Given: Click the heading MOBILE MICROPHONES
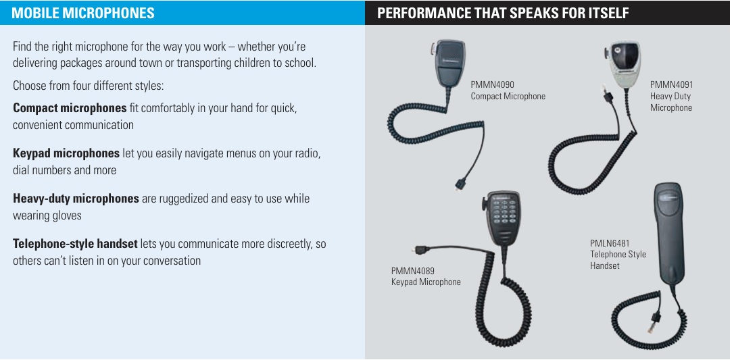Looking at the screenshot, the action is coord(83,13).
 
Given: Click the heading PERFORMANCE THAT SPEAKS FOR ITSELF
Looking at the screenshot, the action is coord(503,13).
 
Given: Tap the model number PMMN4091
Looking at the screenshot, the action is coord(671,84).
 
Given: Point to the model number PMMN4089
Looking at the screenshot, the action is coord(413,271).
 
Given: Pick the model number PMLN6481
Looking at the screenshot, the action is coord(610,243).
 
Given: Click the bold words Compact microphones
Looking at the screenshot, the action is coord(70,108).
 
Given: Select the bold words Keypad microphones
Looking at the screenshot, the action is coord(66,153).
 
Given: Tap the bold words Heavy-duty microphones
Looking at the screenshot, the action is coord(76,199).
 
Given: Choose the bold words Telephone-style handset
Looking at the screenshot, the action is coord(75,244).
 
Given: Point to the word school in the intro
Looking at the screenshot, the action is coord(300,63).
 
